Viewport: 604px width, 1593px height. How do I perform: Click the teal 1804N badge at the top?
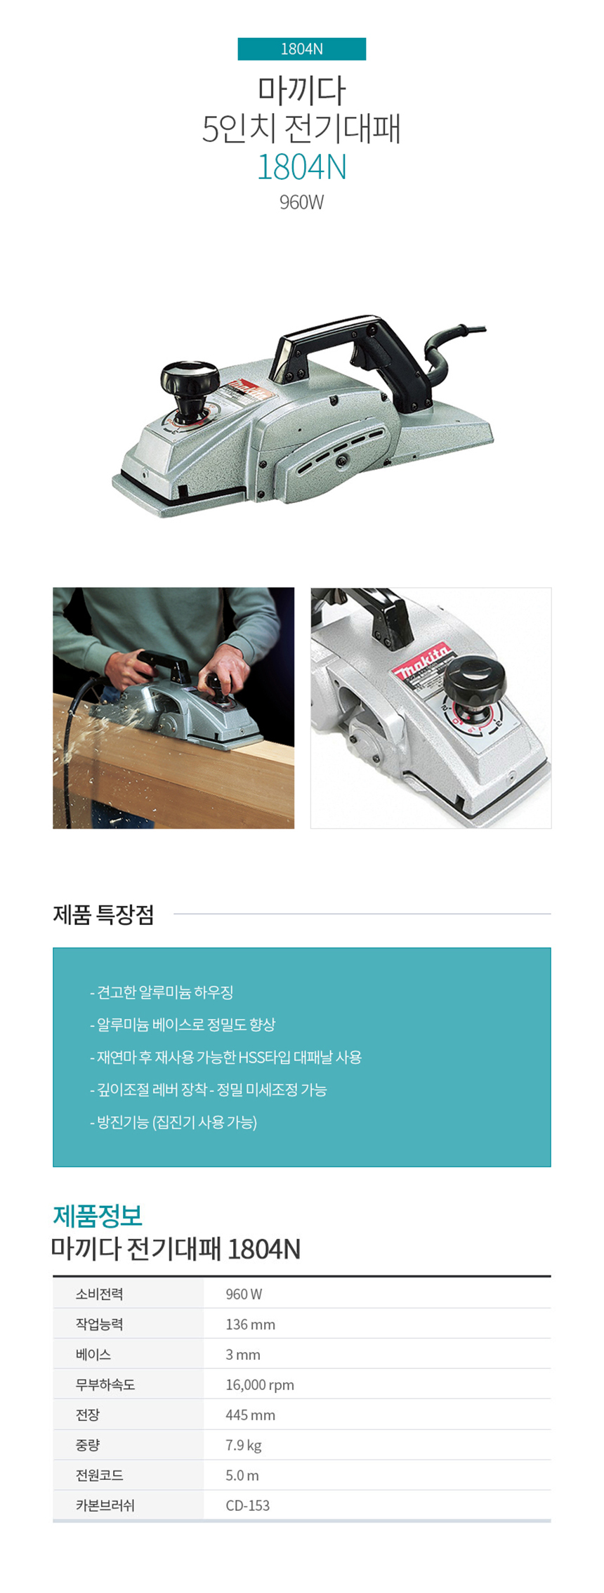coord(301,48)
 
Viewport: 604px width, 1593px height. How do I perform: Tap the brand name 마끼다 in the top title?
coord(301,89)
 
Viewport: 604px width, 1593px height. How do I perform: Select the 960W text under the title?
coord(301,202)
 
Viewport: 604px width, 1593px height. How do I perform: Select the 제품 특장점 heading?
coord(103,914)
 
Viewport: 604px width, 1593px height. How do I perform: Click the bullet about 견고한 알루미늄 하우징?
coord(162,992)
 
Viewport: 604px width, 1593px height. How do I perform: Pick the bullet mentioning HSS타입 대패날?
coord(225,1057)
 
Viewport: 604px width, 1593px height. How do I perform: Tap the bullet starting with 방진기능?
coord(173,1122)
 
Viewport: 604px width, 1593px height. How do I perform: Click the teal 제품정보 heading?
coord(98,1214)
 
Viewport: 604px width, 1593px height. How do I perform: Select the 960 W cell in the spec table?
coord(244,1294)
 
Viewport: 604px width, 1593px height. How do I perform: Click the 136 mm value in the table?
coord(250,1324)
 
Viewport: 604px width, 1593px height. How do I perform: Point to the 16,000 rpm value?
coord(260,1384)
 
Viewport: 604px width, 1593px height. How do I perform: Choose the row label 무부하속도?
coord(105,1384)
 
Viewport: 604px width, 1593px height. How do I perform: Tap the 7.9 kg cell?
coord(243,1445)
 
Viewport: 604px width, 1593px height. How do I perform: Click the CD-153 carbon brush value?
coord(247,1505)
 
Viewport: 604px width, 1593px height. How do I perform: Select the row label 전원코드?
coord(100,1475)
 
